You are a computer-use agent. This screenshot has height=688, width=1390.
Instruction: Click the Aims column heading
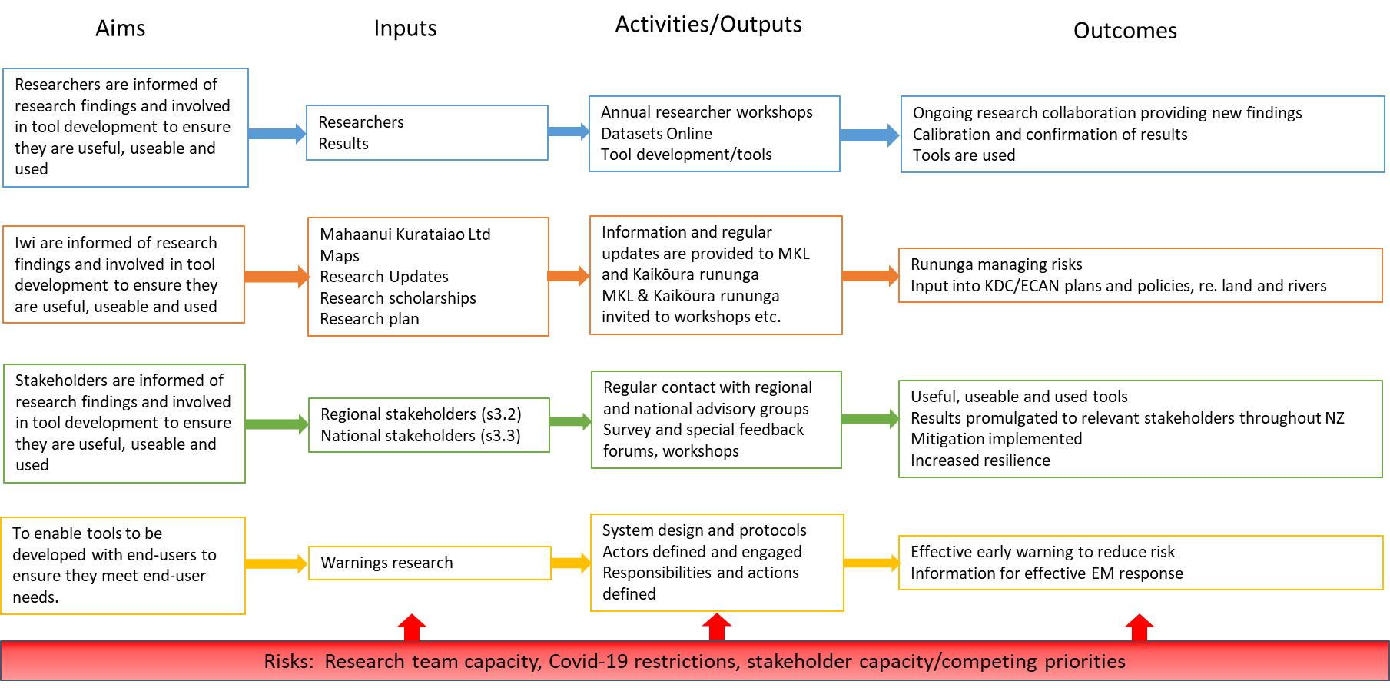[x=120, y=28]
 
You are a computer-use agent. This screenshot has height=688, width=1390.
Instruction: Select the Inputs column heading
[x=405, y=28]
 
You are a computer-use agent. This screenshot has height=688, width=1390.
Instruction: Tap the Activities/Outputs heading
[x=708, y=25]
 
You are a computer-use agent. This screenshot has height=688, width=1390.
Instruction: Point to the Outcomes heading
[x=1125, y=31]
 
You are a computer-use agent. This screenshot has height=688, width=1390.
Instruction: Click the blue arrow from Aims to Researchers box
[x=277, y=134]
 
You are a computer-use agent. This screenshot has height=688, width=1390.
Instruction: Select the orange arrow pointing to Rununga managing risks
[x=870, y=275]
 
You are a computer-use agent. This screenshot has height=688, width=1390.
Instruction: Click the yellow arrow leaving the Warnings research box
[x=570, y=563]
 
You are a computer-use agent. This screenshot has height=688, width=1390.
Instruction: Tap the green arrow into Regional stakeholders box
[x=277, y=424]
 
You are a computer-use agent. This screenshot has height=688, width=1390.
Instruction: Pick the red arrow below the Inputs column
[x=412, y=627]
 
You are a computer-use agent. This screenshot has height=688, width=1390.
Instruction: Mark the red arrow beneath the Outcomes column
[x=1139, y=627]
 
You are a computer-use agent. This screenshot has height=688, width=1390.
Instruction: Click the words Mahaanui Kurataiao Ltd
[x=405, y=234]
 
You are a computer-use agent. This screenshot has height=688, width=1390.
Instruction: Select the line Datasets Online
[x=656, y=134]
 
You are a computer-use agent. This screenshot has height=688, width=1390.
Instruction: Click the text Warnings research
[x=386, y=563]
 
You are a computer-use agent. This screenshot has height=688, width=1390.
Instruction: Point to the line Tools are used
[x=964, y=155]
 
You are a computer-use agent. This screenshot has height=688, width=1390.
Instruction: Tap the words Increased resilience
[x=980, y=460]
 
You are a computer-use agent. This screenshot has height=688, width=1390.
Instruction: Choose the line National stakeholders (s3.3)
[x=420, y=436]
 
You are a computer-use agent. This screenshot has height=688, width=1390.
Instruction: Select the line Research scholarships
[x=397, y=297]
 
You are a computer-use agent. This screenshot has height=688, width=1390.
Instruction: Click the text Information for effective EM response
[x=1047, y=573]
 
